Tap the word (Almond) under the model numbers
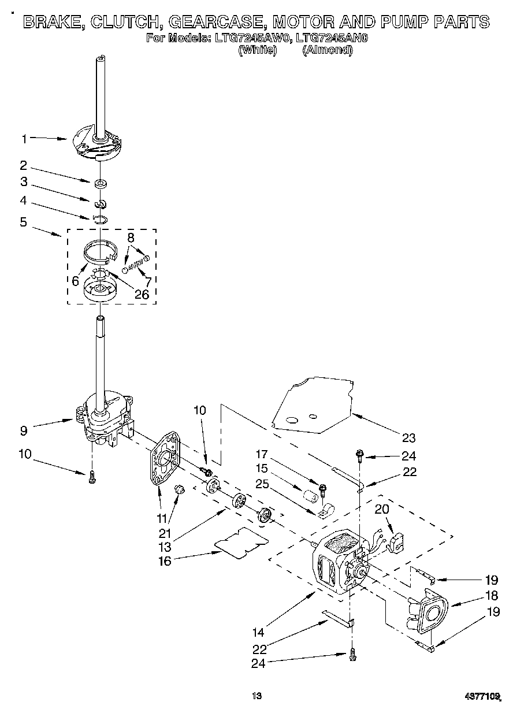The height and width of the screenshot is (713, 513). click(327, 50)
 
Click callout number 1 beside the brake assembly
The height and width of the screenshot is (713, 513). click(24, 139)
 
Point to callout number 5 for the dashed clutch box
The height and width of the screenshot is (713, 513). click(24, 222)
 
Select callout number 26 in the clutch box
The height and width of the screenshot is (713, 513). click(142, 295)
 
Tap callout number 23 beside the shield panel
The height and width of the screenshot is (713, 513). click(409, 438)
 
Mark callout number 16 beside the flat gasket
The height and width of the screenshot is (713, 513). click(165, 560)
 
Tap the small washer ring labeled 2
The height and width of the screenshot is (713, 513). click(101, 184)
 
